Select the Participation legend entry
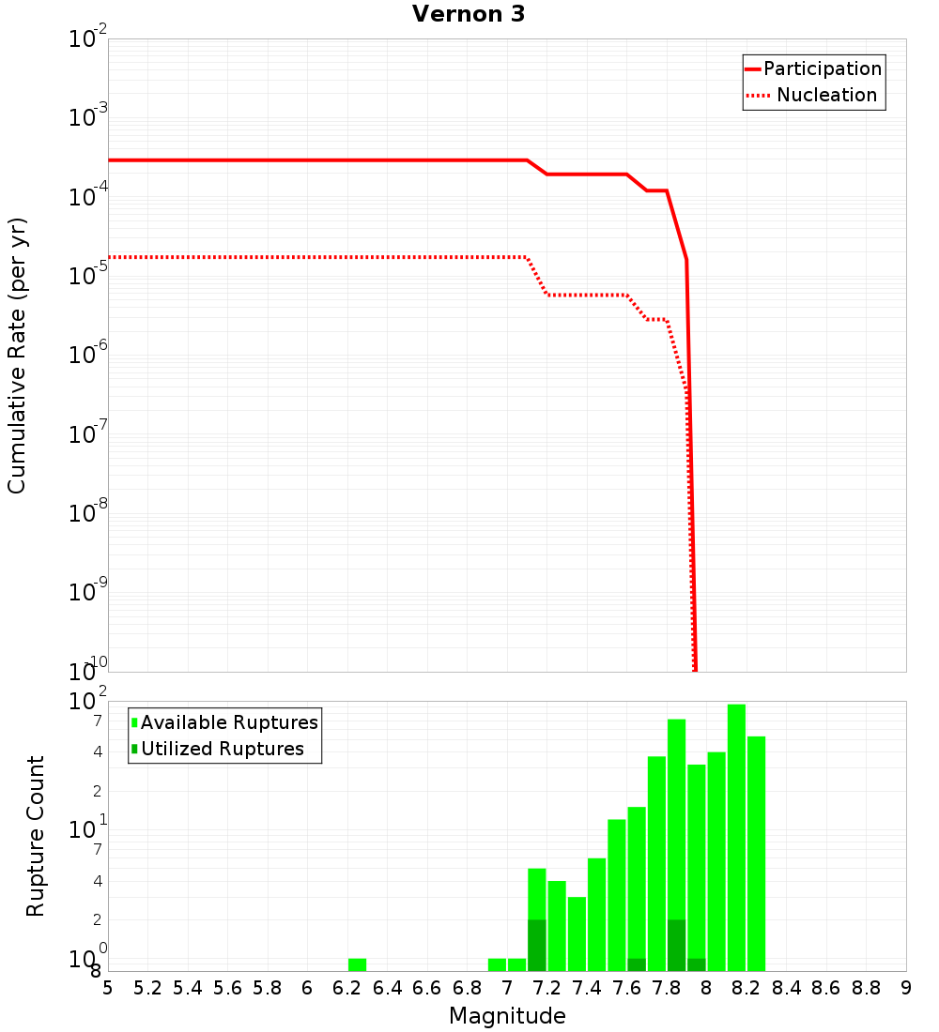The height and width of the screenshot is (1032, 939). [x=813, y=68]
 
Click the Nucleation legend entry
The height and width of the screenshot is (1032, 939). [x=813, y=95]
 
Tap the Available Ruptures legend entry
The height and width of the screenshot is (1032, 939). [x=224, y=722]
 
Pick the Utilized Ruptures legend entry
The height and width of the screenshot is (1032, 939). [x=217, y=749]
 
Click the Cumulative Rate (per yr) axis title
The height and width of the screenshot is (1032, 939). [x=18, y=356]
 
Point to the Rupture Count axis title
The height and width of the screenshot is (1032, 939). [x=36, y=836]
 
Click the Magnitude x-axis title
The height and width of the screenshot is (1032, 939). [x=507, y=1016]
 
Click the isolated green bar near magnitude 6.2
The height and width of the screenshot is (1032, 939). [x=357, y=964]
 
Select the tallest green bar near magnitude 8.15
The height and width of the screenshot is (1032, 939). [x=736, y=837]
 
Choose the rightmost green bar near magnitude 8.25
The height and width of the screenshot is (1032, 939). [x=756, y=853]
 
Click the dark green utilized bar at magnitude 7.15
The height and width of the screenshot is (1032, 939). [x=537, y=945]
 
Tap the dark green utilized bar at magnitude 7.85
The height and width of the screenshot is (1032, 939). [x=676, y=945]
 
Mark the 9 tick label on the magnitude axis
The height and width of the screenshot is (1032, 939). [x=906, y=988]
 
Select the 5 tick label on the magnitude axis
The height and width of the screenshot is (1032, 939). [x=108, y=988]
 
